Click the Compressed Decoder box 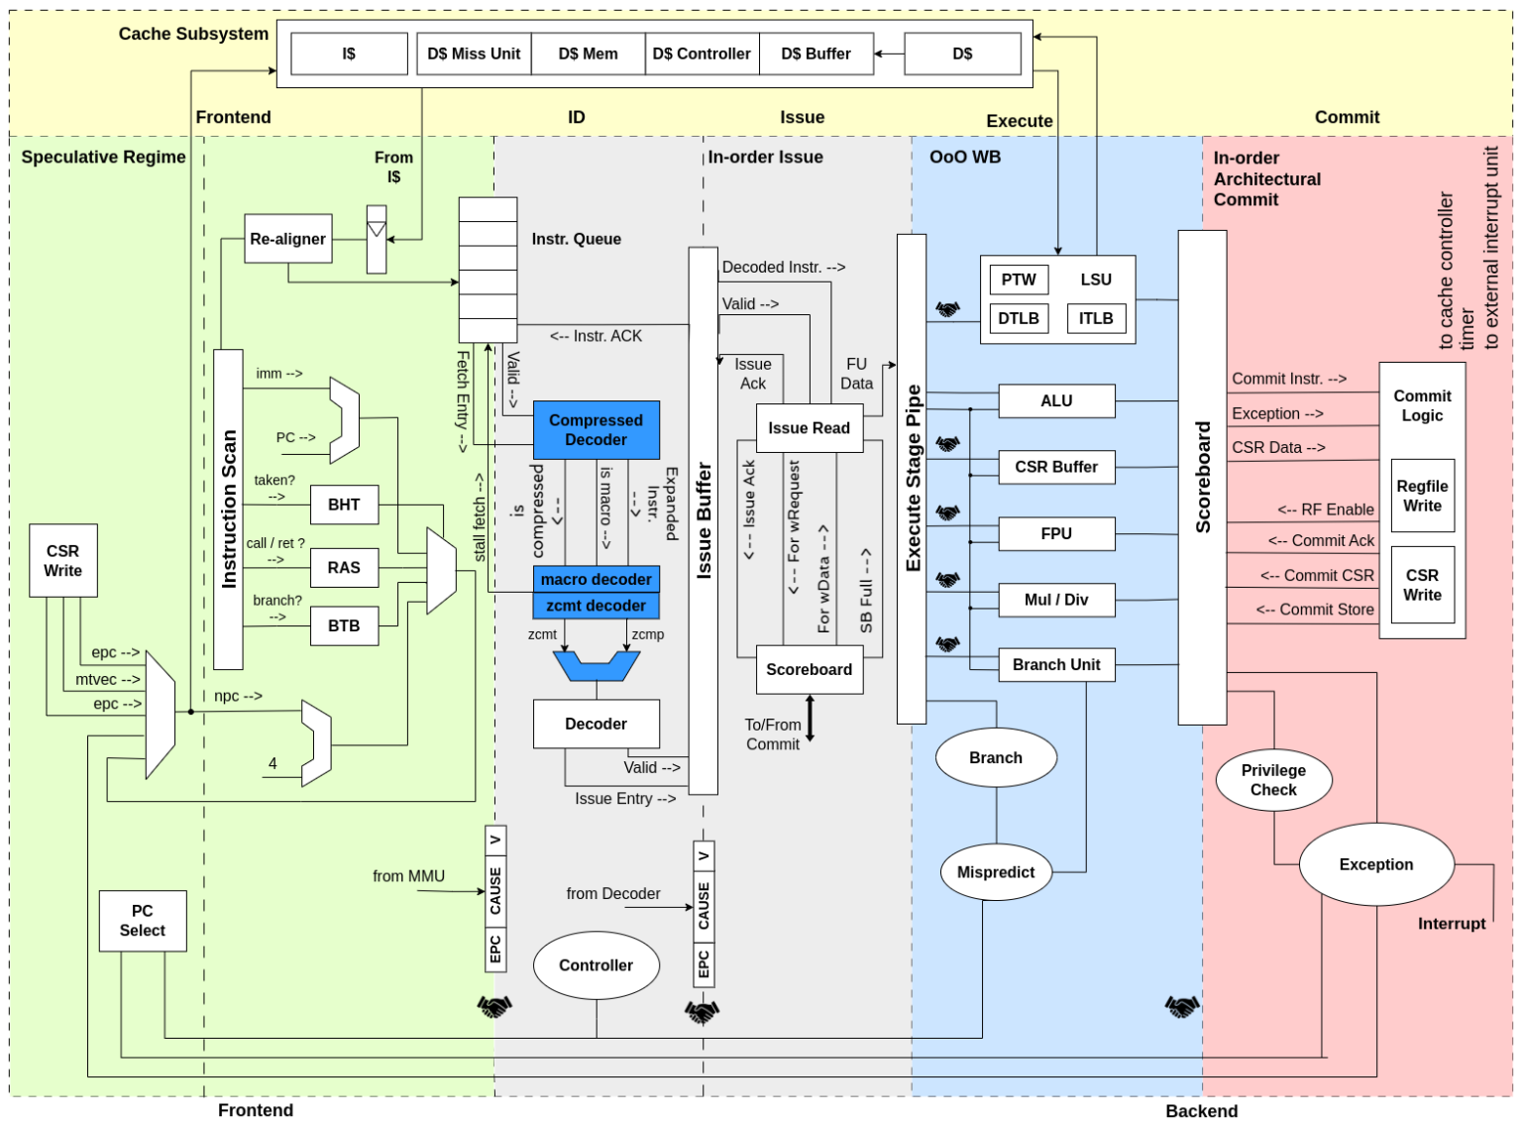596,430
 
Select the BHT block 344,505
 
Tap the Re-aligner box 287,239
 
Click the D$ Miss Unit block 474,54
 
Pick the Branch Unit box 1055,665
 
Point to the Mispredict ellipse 996,872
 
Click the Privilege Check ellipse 1273,780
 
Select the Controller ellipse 596,965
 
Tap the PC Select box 143,921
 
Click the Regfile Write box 1422,497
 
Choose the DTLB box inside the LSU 1019,318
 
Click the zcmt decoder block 596,606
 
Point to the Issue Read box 809,428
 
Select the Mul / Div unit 1055,600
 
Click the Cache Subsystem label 193,34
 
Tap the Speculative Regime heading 103,157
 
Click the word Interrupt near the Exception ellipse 1451,924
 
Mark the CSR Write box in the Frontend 63,561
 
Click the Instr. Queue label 576,239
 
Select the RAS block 344,568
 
